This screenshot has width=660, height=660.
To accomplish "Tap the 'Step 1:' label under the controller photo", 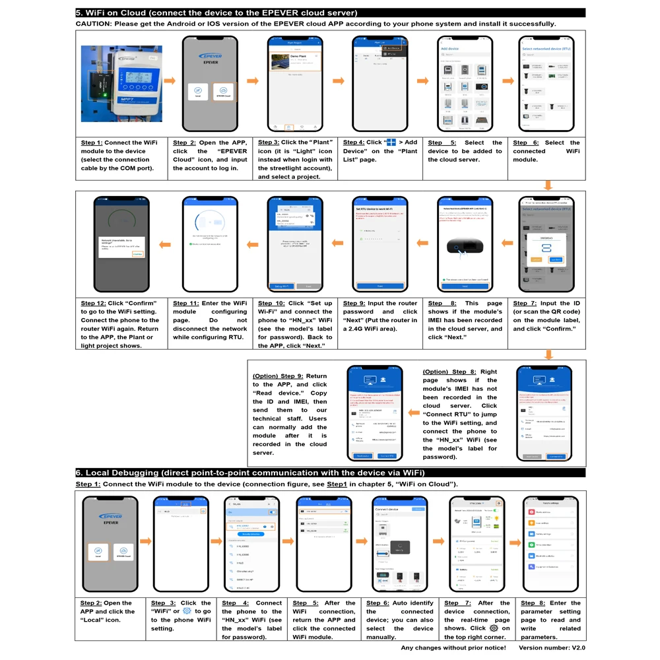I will coord(92,143).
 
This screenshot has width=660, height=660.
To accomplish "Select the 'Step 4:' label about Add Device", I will coord(354,143).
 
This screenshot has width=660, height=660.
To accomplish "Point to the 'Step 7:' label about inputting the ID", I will coord(525,304).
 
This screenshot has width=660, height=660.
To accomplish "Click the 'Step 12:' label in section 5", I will coord(93,304).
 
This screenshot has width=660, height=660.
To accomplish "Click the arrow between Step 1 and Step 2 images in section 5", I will coord(170,81).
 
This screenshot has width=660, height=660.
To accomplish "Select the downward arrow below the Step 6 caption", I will coord(547,185).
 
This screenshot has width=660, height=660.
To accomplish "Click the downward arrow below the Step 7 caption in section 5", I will coord(547,354).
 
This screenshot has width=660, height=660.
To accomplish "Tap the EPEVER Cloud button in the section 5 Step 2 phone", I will coord(223,92).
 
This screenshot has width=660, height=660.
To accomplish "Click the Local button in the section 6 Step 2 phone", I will coord(98,552).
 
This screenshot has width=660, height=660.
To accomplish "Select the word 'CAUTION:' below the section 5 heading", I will coord(93,24).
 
